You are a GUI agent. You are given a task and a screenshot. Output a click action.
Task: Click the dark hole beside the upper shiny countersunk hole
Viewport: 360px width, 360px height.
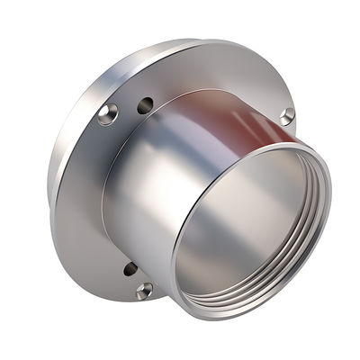144,105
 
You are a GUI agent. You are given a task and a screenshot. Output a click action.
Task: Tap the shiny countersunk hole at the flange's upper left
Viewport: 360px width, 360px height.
108,112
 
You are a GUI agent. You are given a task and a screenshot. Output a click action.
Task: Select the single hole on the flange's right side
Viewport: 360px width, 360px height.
286,116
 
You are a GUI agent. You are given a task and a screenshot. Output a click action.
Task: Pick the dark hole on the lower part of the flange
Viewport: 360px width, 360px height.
130,268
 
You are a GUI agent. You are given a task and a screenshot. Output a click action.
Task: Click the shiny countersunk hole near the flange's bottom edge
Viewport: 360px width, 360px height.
144,290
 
